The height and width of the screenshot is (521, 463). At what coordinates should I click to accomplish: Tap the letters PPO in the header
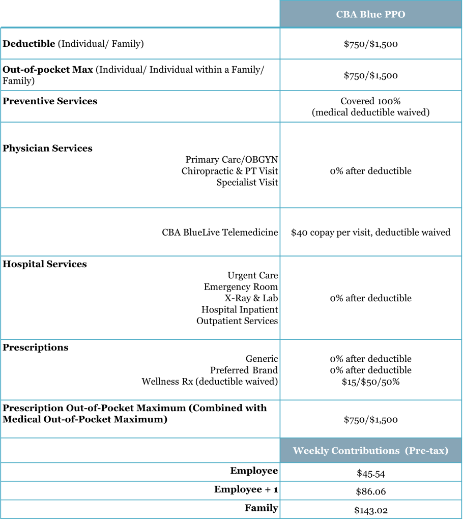coord(395,15)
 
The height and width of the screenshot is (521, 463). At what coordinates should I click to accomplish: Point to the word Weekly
coord(311,451)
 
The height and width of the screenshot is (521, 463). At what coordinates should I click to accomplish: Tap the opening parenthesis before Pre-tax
coord(406,451)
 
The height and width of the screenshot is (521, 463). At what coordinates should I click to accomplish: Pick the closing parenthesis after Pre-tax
coord(447,451)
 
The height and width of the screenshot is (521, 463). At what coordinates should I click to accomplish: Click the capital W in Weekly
coord(298,451)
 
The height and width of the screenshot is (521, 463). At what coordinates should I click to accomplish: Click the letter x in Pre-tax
coord(442,451)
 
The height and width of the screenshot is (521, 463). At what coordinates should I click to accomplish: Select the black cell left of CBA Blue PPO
coord(140,14)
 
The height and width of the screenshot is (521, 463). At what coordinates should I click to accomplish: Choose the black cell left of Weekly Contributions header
coord(140,450)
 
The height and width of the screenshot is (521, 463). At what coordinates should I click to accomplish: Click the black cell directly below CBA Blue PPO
coord(370,43)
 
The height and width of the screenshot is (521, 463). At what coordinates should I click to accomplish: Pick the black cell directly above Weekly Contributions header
coord(370,419)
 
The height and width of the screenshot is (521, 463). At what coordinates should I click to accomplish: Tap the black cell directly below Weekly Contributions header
coord(370,472)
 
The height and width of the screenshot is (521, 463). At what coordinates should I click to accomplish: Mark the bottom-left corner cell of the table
coord(140,509)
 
